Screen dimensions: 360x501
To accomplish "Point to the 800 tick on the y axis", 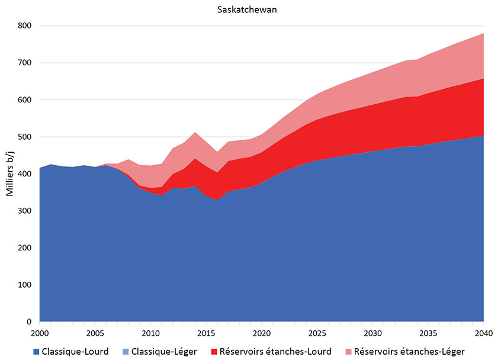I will tap(25, 26).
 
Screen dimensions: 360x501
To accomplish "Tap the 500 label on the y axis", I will tap(25, 137).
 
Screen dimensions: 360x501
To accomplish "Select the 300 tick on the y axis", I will tap(25, 211).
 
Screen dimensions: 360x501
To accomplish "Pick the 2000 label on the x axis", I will tap(40, 333).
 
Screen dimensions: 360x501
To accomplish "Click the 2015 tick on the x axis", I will tap(206, 333).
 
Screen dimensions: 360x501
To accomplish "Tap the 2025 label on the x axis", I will tap(317, 333).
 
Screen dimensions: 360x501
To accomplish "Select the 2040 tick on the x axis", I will tap(484, 333).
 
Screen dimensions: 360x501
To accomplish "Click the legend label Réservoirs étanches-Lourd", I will tap(275, 351).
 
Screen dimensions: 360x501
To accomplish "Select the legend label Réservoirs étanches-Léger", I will tap(409, 351).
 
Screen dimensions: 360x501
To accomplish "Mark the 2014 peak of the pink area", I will tap(195, 133).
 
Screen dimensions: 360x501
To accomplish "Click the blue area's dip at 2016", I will tap(217, 201).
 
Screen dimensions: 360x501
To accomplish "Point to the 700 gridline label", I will tap(25, 63).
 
